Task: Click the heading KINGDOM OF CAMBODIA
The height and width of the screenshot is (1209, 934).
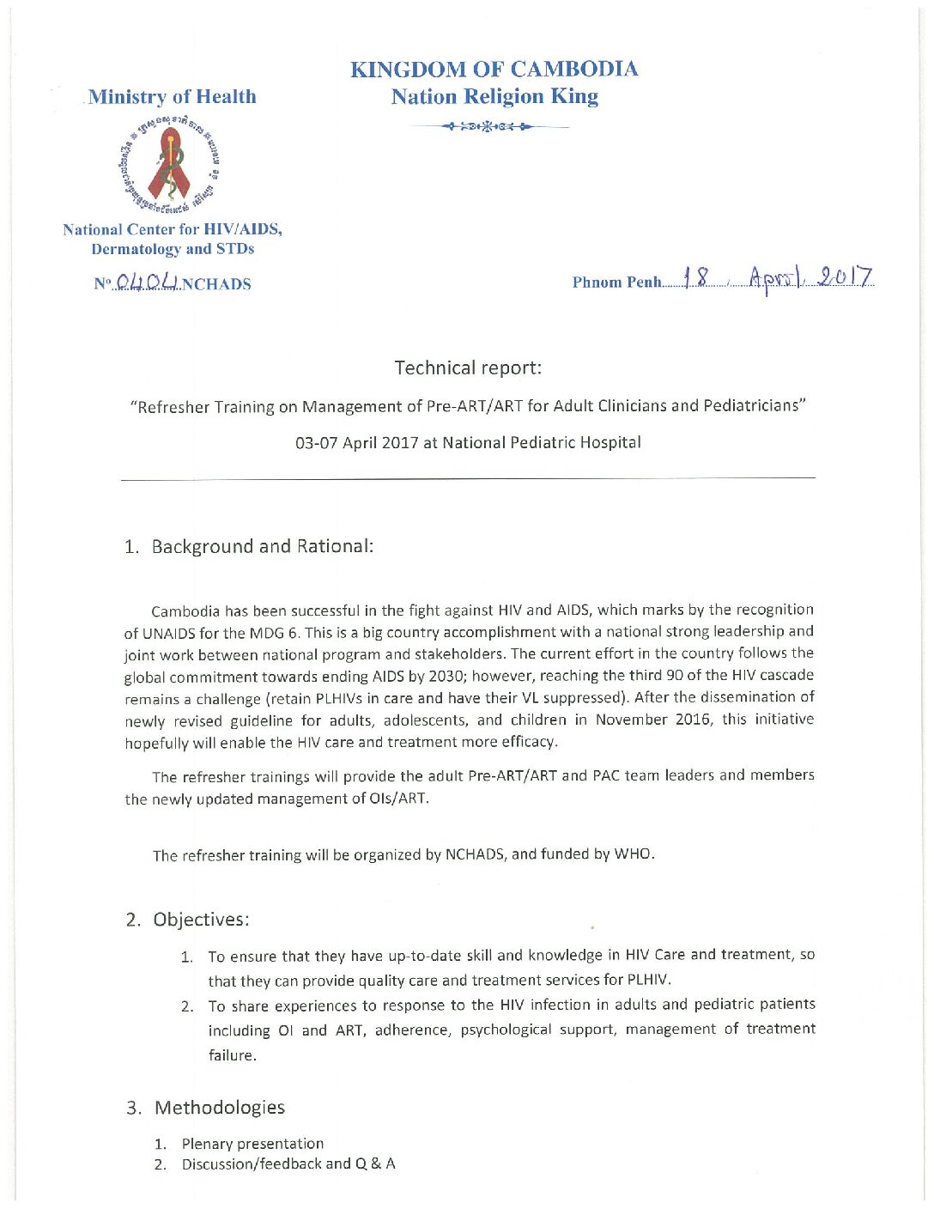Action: tap(494, 70)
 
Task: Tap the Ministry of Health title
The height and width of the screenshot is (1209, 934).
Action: tap(172, 97)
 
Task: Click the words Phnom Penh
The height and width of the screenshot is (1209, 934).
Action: tap(616, 283)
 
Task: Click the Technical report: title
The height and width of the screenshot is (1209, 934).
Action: tap(468, 368)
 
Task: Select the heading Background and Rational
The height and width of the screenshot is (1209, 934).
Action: tap(262, 547)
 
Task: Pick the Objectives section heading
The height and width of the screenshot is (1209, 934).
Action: tap(201, 920)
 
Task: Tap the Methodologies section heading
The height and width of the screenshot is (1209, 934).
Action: tap(219, 1108)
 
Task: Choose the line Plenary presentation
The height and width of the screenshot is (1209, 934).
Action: tap(252, 1144)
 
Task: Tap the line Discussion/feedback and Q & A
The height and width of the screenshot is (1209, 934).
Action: tap(288, 1164)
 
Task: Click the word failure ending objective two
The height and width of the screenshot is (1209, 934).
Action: tap(231, 1055)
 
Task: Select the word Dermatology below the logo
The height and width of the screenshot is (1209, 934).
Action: tap(136, 249)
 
